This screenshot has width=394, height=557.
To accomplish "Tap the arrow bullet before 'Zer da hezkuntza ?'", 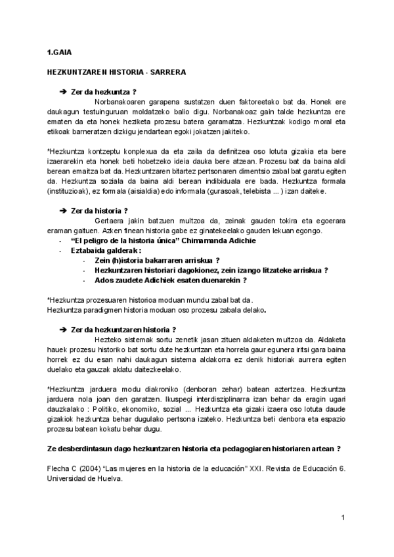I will (x=64, y=91).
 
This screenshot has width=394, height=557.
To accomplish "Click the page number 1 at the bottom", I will (x=343, y=520).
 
